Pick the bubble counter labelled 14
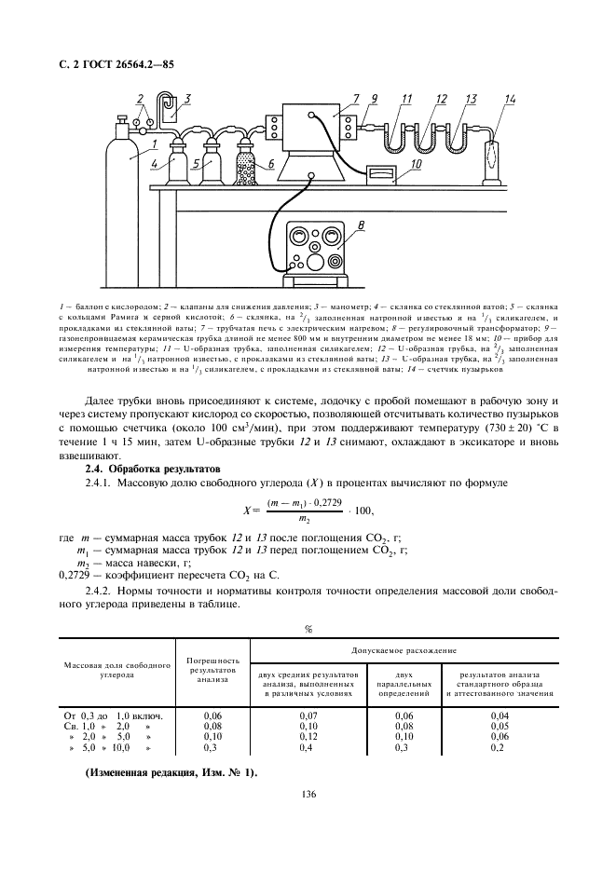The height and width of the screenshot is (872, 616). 490,159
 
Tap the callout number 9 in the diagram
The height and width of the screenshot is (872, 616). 375,99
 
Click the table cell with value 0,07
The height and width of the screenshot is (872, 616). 307,715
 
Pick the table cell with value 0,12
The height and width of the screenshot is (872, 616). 307,736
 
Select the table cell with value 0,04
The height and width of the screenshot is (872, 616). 499,715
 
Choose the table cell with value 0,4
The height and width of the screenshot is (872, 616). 307,747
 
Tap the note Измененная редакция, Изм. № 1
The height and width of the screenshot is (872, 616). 171,773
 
